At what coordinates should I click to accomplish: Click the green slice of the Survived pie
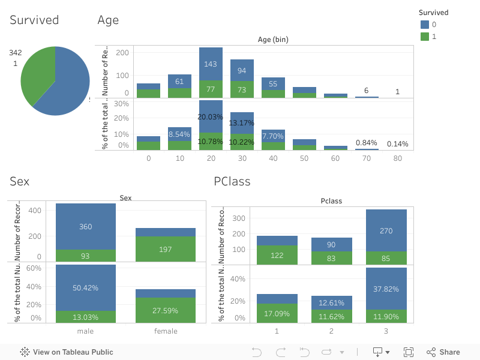click(36, 75)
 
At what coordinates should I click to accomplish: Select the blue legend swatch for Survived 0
click(425, 25)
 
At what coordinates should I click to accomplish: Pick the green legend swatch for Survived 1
click(425, 37)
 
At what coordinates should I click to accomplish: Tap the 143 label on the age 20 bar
click(211, 64)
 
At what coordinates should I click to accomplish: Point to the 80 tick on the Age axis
click(398, 159)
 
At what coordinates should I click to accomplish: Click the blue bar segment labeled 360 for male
click(86, 227)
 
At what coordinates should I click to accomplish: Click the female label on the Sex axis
click(166, 331)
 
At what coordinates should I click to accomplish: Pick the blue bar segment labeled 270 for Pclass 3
click(386, 230)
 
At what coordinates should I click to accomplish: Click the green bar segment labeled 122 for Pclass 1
click(277, 255)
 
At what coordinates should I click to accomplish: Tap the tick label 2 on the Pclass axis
click(332, 331)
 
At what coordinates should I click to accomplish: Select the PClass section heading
click(232, 181)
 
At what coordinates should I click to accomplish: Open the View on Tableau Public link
click(67, 352)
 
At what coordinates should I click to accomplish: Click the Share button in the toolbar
click(443, 352)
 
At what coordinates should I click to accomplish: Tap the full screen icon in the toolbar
click(409, 352)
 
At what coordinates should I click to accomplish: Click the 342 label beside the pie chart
click(16, 53)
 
